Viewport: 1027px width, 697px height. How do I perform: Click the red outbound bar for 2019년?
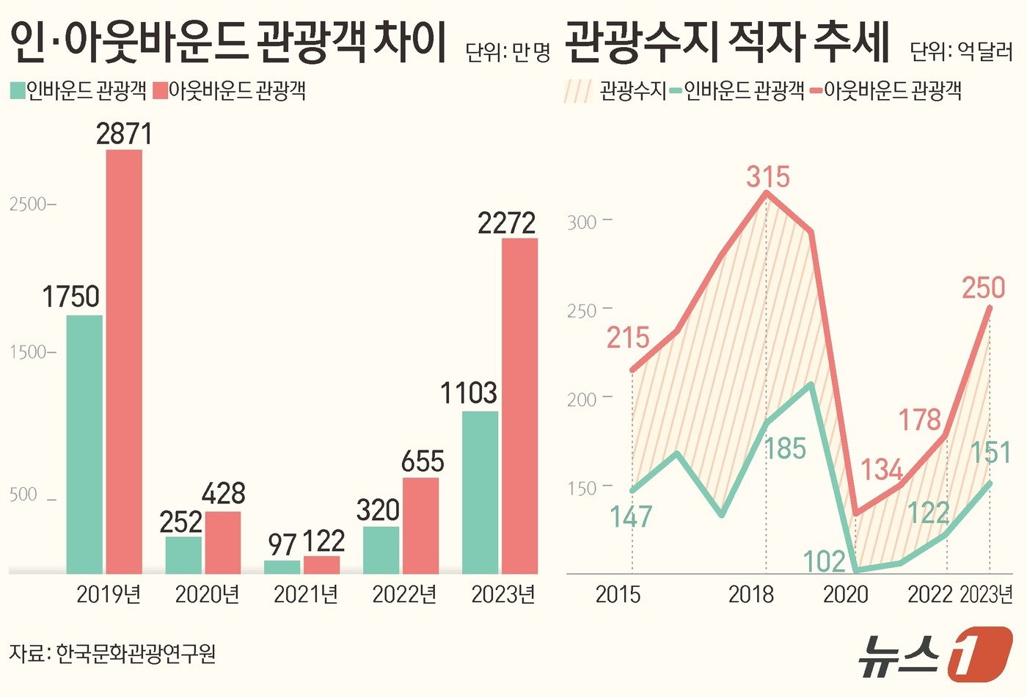click(x=124, y=361)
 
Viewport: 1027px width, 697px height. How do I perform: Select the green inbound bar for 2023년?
click(x=480, y=492)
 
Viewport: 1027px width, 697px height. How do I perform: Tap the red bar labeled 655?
click(x=420, y=525)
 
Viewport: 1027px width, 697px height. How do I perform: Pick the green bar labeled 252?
click(x=183, y=555)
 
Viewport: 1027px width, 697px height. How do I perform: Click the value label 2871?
click(x=124, y=134)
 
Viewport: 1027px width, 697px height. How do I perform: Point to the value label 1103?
click(x=469, y=393)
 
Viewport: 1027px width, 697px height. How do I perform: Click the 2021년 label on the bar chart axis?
click(x=306, y=594)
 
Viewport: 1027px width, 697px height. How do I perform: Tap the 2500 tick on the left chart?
click(x=29, y=204)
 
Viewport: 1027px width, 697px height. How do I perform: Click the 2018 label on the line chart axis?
click(x=750, y=594)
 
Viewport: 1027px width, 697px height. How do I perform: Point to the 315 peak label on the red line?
click(x=768, y=177)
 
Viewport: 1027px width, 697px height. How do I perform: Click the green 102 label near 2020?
click(x=824, y=561)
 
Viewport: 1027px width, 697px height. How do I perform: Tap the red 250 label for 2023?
click(x=983, y=288)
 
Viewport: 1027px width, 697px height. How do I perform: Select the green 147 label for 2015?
click(x=631, y=517)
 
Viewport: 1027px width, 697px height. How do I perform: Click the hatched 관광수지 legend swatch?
click(x=578, y=91)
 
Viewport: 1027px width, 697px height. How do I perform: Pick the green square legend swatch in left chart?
click(x=18, y=90)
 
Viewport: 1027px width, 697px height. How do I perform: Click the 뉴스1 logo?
click(x=935, y=652)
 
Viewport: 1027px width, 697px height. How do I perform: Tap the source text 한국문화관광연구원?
click(x=136, y=652)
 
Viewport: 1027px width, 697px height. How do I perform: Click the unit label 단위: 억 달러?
click(x=960, y=51)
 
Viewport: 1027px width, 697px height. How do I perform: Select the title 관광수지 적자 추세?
click(x=728, y=43)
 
